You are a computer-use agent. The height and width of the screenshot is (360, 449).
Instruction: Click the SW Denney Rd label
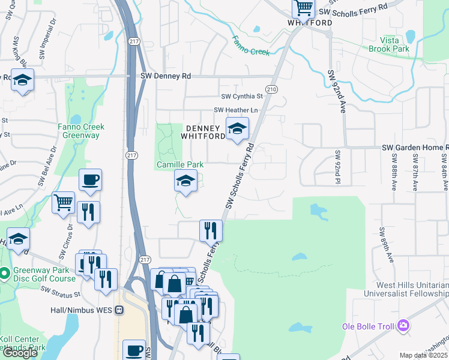165,76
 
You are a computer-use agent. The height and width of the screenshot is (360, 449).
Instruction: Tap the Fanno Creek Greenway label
81,131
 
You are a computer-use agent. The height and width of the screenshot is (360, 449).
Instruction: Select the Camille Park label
180,164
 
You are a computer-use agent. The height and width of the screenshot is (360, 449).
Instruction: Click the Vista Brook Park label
388,44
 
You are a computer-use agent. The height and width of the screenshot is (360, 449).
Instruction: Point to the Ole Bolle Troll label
368,326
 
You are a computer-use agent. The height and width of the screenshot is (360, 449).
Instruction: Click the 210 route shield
272,89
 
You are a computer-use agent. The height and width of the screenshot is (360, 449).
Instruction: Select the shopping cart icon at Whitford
304,8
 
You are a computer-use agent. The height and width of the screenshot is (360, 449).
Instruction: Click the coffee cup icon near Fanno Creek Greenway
90,179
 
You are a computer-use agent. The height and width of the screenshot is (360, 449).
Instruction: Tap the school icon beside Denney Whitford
237,128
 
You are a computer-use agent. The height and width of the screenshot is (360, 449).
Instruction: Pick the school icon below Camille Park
185,181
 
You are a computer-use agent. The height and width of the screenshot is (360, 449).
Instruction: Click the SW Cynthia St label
243,96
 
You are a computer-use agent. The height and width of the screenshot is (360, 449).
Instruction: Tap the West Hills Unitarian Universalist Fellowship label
406,289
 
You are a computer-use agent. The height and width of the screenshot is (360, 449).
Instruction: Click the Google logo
20,352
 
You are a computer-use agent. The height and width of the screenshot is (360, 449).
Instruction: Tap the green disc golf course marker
5,274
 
